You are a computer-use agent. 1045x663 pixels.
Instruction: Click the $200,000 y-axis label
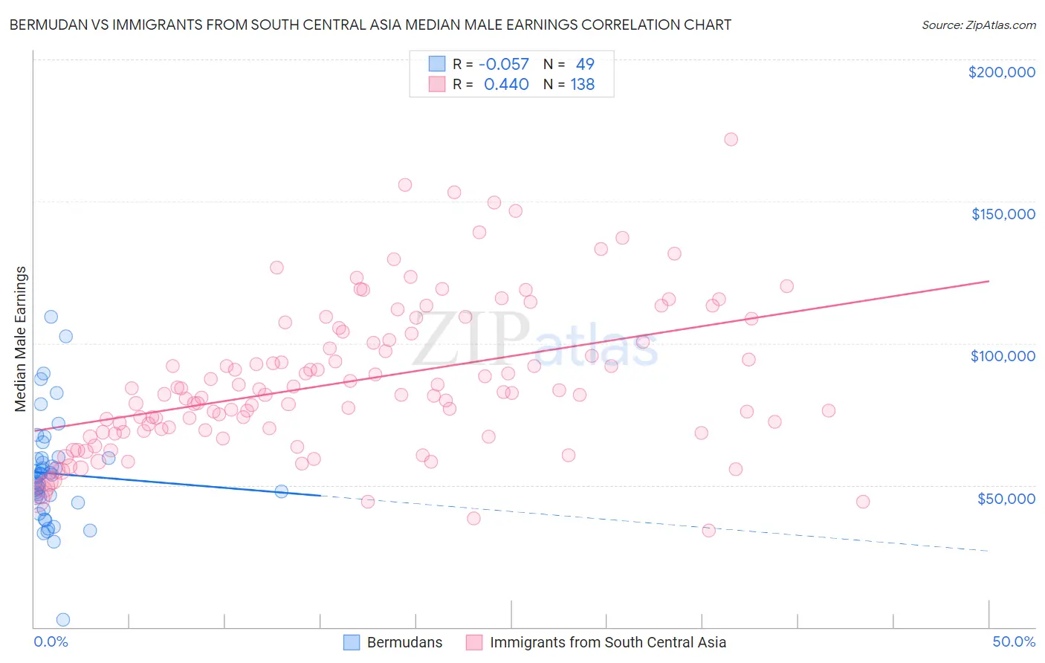click(x=1001, y=72)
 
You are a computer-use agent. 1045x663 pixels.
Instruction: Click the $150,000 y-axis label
click(x=1003, y=214)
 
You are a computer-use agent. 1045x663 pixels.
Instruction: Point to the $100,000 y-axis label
click(x=1003, y=356)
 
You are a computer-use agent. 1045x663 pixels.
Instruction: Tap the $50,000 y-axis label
click(x=1006, y=498)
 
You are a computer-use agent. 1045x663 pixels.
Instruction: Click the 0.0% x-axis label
click(x=51, y=641)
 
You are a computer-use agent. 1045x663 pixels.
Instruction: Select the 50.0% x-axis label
click(x=1013, y=641)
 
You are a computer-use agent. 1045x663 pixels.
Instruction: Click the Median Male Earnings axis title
click(x=20, y=338)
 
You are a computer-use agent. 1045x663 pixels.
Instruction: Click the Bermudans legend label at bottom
click(x=404, y=642)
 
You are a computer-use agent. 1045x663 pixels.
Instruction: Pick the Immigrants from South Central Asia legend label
click(x=607, y=642)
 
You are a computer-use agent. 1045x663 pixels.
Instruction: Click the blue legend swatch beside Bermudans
click(x=352, y=642)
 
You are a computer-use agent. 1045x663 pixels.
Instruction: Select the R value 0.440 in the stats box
click(x=506, y=85)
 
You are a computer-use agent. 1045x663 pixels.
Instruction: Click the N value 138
click(x=583, y=85)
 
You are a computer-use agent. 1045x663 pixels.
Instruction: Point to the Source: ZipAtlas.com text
click(x=978, y=25)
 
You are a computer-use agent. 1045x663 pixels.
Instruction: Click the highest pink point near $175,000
click(x=731, y=139)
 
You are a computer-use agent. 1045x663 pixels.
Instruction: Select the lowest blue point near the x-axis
click(x=63, y=619)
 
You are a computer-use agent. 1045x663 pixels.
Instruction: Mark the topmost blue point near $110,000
click(x=51, y=317)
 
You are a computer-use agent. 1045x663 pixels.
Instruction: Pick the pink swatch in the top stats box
click(x=436, y=85)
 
